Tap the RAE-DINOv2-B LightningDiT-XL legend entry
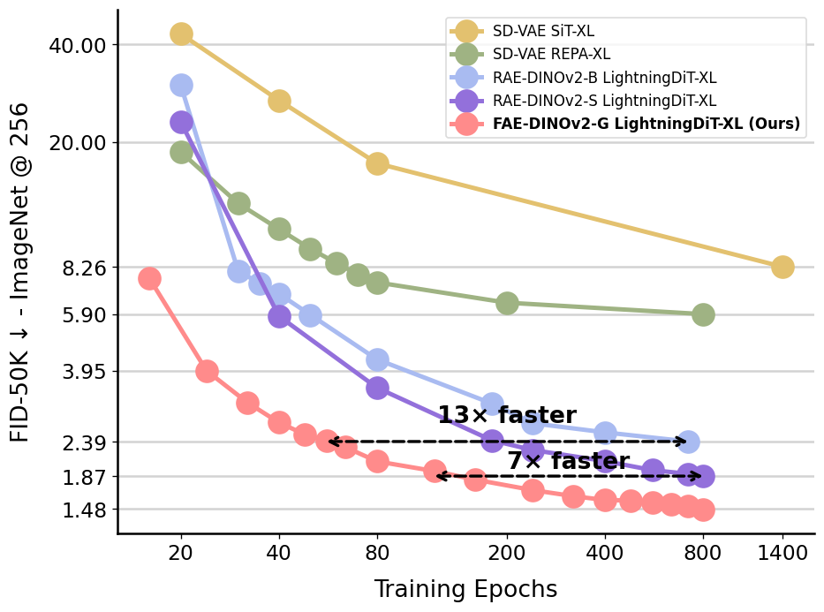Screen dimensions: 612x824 [604, 78]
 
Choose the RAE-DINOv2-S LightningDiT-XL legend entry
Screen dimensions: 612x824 [604, 101]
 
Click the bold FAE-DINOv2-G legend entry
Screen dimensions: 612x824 [646, 125]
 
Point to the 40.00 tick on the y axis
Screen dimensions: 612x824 [79, 45]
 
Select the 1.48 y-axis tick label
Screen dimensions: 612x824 [85, 510]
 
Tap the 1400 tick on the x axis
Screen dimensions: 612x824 [782, 554]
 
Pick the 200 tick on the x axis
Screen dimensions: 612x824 [507, 554]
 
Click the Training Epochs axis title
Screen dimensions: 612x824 [465, 589]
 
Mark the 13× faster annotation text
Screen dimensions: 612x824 [507, 416]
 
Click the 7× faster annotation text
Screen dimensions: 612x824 [568, 461]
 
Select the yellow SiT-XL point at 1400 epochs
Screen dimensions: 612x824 [782, 267]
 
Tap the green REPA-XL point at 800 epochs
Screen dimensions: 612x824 [703, 314]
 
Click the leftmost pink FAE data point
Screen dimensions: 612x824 [149, 278]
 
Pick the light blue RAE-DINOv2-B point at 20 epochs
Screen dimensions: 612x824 [181, 85]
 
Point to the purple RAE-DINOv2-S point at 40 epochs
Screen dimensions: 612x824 [279, 316]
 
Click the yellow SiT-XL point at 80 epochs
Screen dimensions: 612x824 [377, 163]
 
